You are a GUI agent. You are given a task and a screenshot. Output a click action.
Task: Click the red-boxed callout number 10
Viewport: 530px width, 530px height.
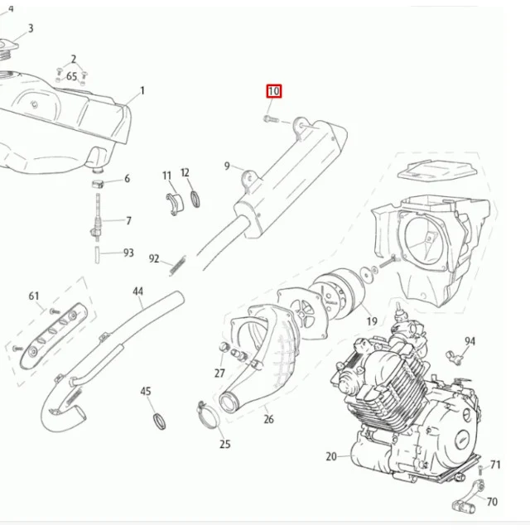click(x=274, y=91)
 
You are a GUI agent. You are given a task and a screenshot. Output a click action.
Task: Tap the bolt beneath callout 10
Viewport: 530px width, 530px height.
click(x=271, y=119)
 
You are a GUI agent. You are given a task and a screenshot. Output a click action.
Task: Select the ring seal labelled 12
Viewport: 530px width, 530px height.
click(x=195, y=199)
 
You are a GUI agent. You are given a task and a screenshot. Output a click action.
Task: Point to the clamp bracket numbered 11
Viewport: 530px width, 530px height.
click(x=174, y=204)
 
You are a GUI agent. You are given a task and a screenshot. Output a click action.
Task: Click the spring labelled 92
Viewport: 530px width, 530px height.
click(x=178, y=265)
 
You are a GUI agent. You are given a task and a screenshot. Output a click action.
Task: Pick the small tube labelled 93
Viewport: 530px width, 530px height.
click(x=97, y=255)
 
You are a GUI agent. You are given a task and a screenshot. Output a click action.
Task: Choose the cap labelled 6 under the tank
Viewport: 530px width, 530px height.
click(x=98, y=184)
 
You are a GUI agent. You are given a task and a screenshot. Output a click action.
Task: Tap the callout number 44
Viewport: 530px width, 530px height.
click(x=138, y=291)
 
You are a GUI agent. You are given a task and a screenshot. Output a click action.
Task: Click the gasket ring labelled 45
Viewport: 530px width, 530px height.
click(x=160, y=422)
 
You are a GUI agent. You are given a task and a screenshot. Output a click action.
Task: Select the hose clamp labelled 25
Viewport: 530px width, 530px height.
click(x=208, y=415)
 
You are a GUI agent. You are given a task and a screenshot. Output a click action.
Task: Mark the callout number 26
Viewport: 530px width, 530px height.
click(x=268, y=419)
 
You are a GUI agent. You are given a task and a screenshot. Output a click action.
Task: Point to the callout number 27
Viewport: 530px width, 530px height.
click(x=219, y=373)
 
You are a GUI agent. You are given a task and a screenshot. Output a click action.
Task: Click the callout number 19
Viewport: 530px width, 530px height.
click(x=372, y=321)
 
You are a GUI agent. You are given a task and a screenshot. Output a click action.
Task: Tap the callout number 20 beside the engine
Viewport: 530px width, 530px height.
click(x=331, y=456)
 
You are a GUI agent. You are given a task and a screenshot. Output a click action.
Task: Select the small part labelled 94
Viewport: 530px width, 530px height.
click(x=454, y=358)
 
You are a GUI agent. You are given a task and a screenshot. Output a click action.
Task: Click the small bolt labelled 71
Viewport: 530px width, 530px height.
click(x=480, y=470)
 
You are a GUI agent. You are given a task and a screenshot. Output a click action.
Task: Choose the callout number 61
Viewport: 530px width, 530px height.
click(x=34, y=296)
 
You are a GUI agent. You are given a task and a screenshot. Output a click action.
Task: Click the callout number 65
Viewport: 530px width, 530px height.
click(x=72, y=76)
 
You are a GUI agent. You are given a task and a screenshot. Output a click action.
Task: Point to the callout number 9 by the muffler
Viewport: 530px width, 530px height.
click(x=227, y=166)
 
